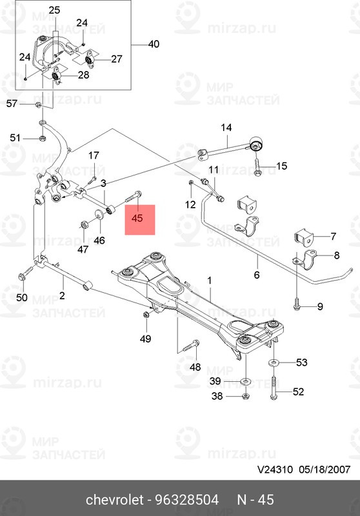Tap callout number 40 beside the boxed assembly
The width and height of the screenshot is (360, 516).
click(x=153, y=45)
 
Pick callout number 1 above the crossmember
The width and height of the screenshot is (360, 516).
click(x=209, y=281)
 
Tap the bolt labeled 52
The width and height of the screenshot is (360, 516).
click(x=275, y=390)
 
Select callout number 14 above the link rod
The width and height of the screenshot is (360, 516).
click(x=226, y=128)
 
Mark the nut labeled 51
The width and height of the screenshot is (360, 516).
click(x=40, y=137)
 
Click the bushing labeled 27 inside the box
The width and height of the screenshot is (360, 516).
click(x=90, y=60)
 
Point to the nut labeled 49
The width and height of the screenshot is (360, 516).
click(x=145, y=314)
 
